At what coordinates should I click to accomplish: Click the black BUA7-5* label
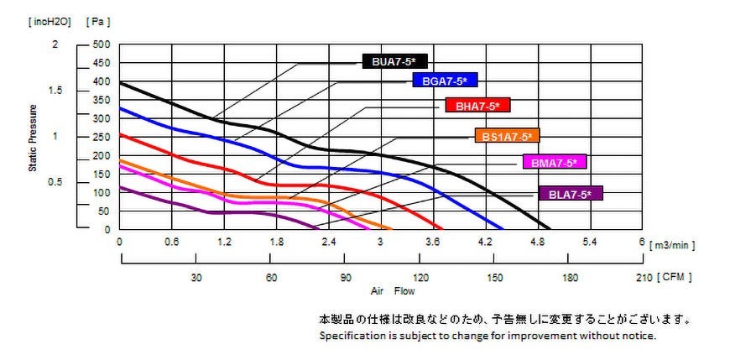395,61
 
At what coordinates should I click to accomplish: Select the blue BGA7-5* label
445,81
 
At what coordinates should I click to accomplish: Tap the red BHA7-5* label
477,107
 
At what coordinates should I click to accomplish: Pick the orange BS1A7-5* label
507,135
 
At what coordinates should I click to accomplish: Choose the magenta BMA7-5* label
554,162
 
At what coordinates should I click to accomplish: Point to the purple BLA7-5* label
570,194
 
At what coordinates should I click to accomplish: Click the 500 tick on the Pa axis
102,44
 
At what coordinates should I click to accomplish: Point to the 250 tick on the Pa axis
102,137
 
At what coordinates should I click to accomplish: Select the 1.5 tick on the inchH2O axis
56,91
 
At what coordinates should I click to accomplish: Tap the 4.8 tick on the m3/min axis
536,242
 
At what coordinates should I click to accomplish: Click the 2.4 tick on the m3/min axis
328,242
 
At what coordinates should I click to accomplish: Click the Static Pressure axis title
34,138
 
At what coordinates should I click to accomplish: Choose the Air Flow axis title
393,292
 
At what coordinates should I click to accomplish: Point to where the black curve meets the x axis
550,229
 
